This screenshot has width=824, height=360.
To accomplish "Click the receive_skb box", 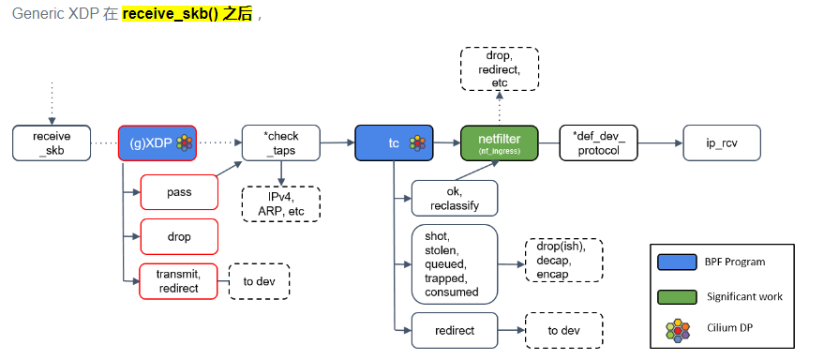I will [52, 142].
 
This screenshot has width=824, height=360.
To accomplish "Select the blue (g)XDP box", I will [157, 142].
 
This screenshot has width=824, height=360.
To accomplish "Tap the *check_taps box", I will [281, 142].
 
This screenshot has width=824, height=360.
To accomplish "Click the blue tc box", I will [394, 142].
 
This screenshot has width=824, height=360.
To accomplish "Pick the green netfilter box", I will [499, 142].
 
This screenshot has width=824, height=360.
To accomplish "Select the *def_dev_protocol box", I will [598, 142].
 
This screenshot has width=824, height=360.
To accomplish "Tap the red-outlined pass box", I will [179, 192].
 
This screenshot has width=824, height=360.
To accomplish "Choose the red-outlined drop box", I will [179, 236].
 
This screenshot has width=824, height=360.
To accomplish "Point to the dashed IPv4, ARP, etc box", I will [281, 204].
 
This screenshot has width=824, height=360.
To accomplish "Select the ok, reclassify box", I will [454, 199].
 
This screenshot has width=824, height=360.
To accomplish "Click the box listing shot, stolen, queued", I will [454, 264].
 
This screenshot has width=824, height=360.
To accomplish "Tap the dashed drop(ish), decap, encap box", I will [563, 260].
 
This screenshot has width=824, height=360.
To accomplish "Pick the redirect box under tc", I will [454, 330].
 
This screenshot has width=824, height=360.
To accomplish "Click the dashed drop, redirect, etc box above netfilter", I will [499, 69].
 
